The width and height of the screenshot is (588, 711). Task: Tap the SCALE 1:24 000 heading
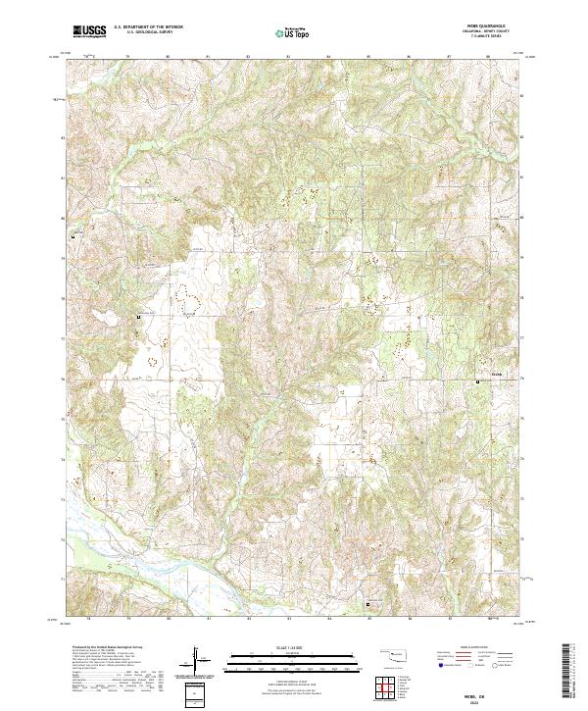click(x=294, y=644)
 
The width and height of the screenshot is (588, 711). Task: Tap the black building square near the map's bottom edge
click(x=368, y=605)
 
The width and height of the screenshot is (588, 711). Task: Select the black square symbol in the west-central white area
click(x=138, y=318)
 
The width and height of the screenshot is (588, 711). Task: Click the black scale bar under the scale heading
click(x=294, y=657)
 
